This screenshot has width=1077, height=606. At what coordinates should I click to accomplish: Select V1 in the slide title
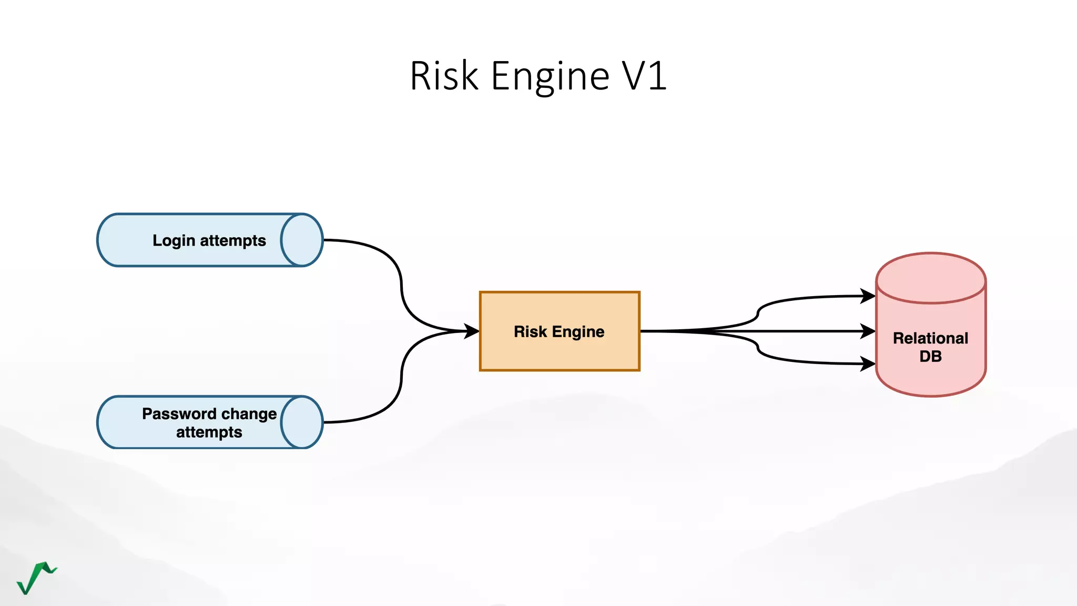[x=644, y=76]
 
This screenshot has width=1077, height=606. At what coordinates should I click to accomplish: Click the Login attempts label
[x=209, y=240]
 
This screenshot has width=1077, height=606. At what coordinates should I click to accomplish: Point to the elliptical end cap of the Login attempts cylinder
[x=301, y=240]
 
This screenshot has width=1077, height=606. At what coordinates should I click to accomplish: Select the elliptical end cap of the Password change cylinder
[x=301, y=422]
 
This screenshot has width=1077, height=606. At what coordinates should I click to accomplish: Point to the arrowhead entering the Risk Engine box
[x=471, y=331]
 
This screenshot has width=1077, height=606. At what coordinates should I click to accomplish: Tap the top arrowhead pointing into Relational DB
[x=868, y=296]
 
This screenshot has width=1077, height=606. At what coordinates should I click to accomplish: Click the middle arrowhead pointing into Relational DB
[x=868, y=331]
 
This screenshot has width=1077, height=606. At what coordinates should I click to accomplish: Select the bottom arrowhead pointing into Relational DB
[x=868, y=363]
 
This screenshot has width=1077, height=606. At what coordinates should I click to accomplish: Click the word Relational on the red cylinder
[x=930, y=338]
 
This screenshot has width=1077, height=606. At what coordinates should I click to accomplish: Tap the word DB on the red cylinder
[x=930, y=357]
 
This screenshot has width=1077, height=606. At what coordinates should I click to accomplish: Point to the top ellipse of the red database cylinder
[x=930, y=278]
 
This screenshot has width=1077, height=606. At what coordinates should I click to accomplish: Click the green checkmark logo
[x=36, y=578]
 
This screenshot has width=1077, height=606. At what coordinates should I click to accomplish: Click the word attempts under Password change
[x=209, y=432]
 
